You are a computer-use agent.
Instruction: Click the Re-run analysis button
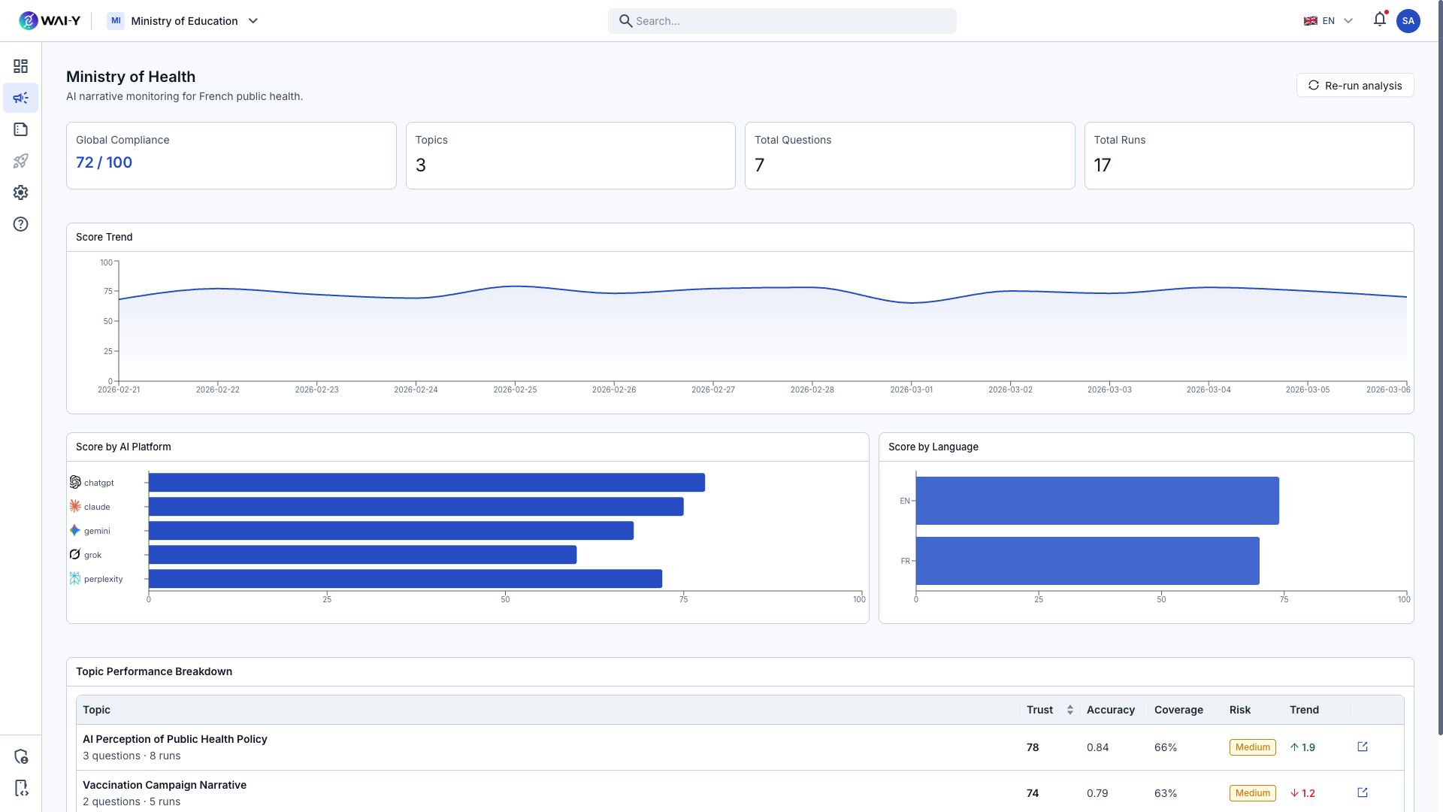coord(1355,86)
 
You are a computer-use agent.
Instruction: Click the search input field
coord(782,21)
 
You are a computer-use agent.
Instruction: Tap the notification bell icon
coord(1379,20)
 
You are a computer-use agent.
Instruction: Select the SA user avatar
coord(1408,21)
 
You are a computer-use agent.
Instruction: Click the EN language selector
coord(1328,21)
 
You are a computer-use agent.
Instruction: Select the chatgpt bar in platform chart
coord(426,483)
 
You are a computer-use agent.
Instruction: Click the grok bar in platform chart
coord(362,555)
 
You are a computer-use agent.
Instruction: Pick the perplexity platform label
coord(103,579)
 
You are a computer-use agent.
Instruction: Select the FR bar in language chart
coord(1087,561)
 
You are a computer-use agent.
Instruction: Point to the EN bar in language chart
coord(1097,501)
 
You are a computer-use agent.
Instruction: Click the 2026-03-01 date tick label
coord(911,389)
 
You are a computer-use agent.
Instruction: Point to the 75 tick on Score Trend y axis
coord(108,292)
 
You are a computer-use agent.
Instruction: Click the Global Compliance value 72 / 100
coord(104,162)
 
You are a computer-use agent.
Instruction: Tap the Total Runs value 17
coord(1102,165)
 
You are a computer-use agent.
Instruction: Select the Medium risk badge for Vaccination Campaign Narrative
coord(1252,793)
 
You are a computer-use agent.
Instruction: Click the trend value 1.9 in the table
coord(1308,747)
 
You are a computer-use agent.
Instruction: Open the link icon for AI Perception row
coord(1363,747)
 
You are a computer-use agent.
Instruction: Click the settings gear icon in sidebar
coord(21,192)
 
